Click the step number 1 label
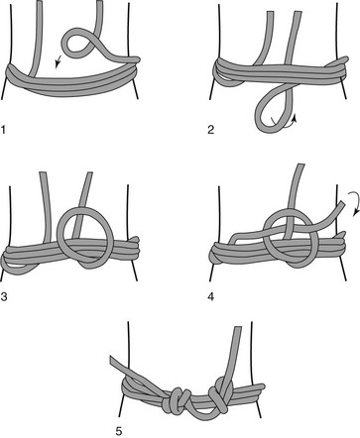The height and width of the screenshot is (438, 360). click(3, 130)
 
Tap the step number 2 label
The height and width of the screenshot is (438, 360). click(211, 130)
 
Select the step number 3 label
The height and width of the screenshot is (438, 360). click(4, 296)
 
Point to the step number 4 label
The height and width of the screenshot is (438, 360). click(211, 296)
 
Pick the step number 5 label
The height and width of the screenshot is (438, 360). click(119, 431)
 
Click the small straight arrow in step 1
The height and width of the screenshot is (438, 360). click(59, 61)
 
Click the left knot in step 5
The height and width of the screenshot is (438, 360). click(177, 400)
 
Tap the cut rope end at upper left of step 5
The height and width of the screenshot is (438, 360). click(113, 361)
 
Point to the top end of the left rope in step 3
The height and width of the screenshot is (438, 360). click(44, 173)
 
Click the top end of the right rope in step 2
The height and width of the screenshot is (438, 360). click(298, 12)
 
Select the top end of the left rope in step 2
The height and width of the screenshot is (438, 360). click(271, 13)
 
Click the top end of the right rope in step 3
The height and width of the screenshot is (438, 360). click(89, 173)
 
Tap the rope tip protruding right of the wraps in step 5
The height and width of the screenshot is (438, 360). click(261, 385)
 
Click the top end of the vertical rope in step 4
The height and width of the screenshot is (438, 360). click(300, 164)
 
